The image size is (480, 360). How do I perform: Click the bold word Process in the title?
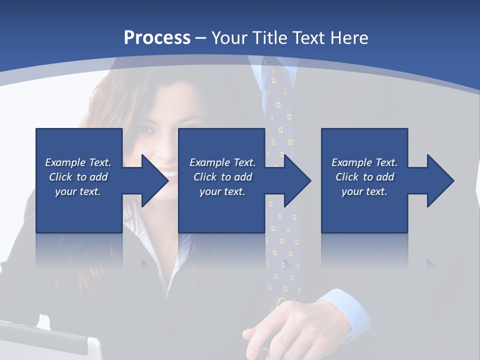pos(157,38)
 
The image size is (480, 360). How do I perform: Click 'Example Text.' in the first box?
pos(78,162)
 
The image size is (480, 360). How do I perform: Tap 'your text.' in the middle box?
pos(222,191)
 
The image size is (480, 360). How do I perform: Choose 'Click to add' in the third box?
pos(364,177)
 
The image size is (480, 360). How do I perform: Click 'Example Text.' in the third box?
pos(364,162)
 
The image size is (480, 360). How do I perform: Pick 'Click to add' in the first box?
pos(78,177)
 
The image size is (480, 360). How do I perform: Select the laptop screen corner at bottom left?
pos(92,345)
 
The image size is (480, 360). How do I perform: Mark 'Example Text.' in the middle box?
pos(222,162)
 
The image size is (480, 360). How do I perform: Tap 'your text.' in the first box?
pos(78,191)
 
